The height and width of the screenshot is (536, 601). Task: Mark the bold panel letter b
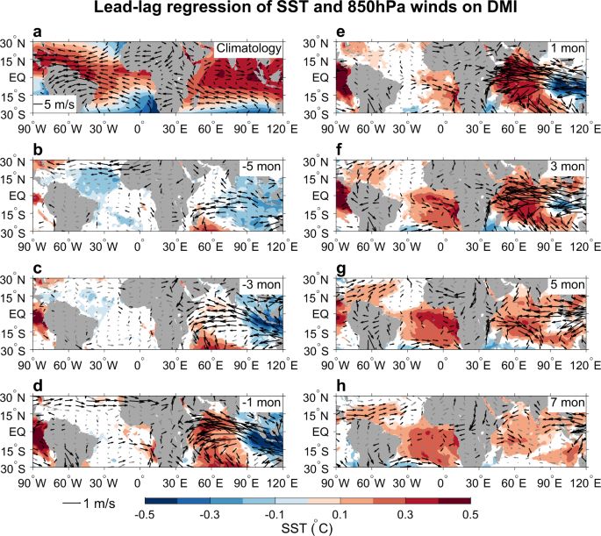pos(38,150)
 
